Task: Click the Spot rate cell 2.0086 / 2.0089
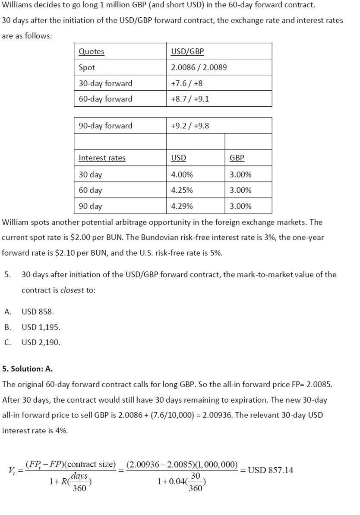(x=199, y=67)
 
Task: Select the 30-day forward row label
(x=105, y=83)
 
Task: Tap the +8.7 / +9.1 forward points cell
(x=190, y=99)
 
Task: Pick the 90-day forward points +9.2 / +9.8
(x=190, y=126)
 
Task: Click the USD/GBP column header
(x=187, y=51)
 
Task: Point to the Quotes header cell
(x=92, y=51)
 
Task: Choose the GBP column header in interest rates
(x=237, y=158)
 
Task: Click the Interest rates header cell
(x=102, y=158)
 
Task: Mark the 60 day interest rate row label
(x=90, y=190)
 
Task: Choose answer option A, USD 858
(x=38, y=312)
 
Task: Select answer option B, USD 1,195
(x=41, y=327)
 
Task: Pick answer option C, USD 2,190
(x=41, y=343)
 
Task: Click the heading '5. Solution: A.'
(x=28, y=369)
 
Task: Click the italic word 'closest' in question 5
(x=72, y=290)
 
